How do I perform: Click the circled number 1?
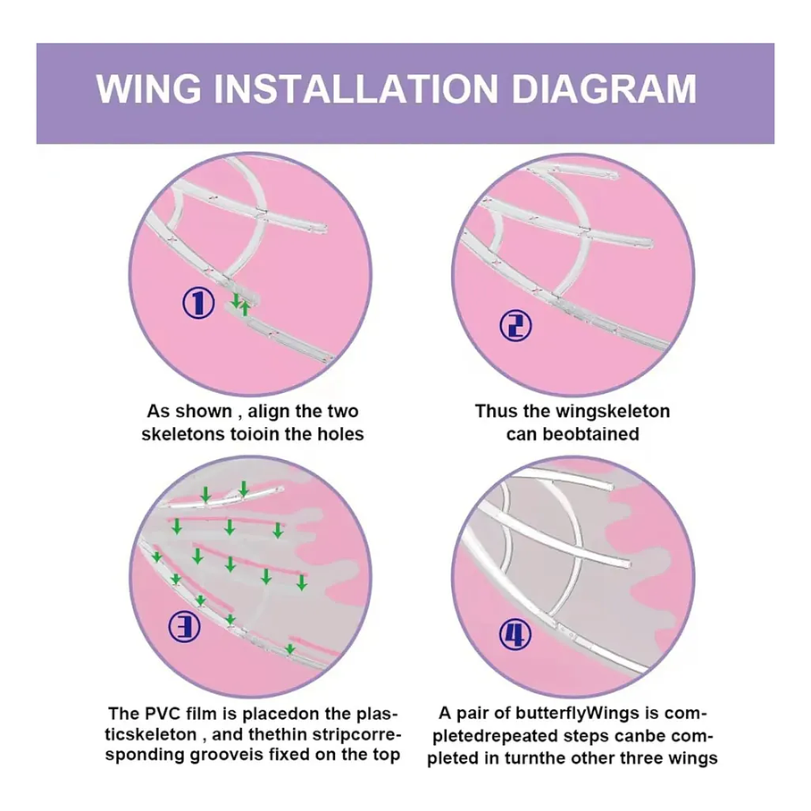click(x=198, y=304)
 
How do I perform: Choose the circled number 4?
click(x=514, y=635)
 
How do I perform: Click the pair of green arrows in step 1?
click(x=240, y=304)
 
